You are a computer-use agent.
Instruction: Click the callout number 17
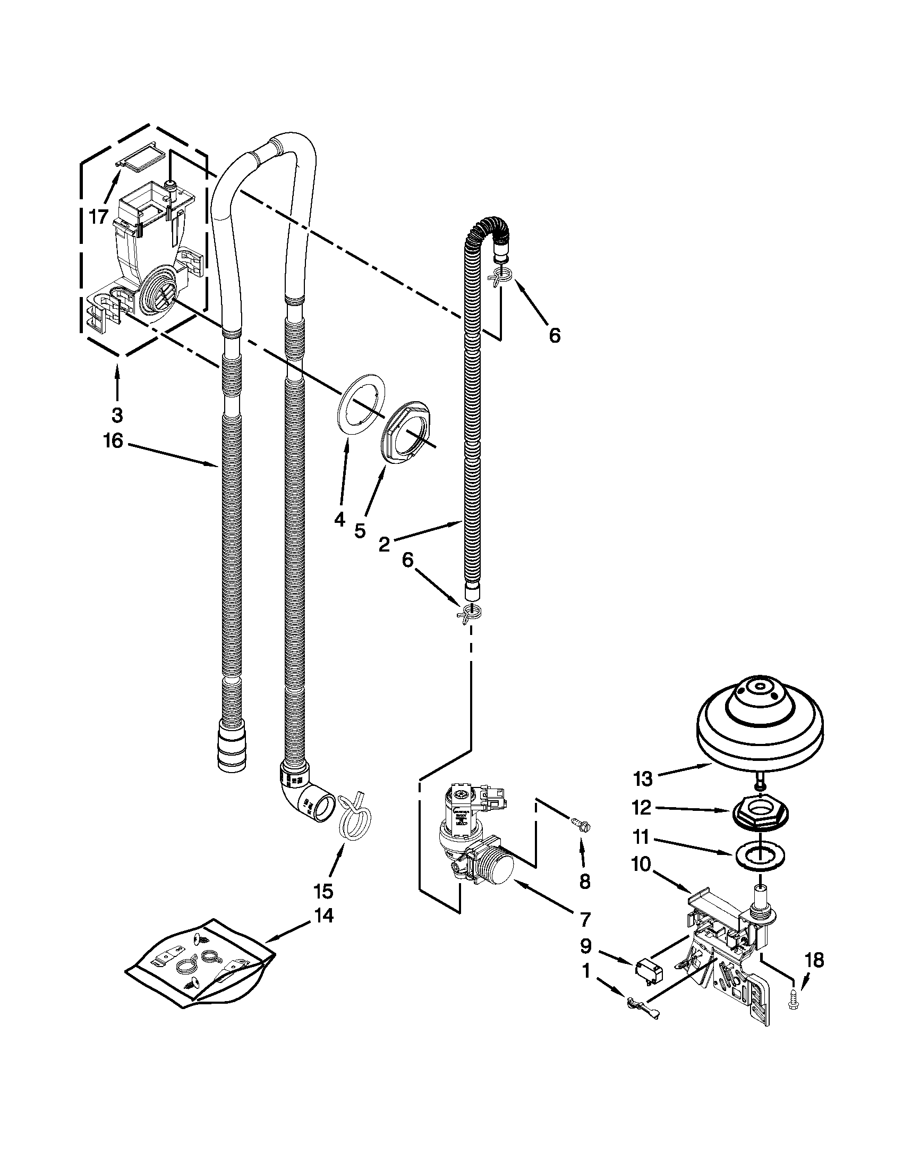99,217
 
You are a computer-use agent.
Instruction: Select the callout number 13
643,779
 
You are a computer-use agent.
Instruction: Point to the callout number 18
814,960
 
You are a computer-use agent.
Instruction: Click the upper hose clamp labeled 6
501,277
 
